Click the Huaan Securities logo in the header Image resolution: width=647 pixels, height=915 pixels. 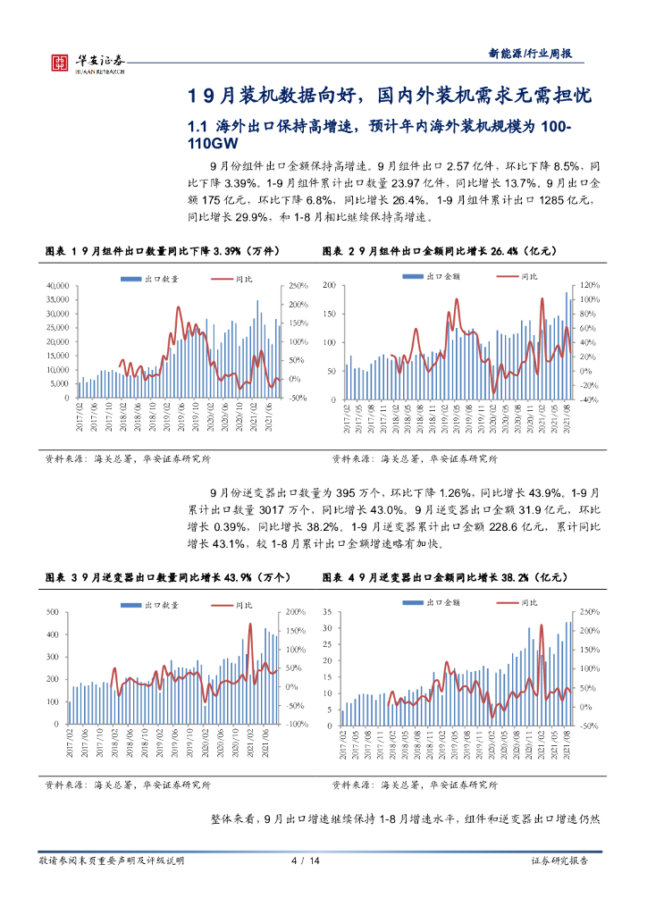pos(85,61)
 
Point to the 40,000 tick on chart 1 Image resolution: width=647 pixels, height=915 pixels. pos(56,285)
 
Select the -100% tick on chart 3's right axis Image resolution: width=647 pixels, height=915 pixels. pos(293,725)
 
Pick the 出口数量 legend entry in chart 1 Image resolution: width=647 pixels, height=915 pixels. pos(155,279)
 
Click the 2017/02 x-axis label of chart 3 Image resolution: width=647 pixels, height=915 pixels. pos(70,743)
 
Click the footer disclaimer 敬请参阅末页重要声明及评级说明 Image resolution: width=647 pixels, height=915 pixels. pos(112,860)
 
